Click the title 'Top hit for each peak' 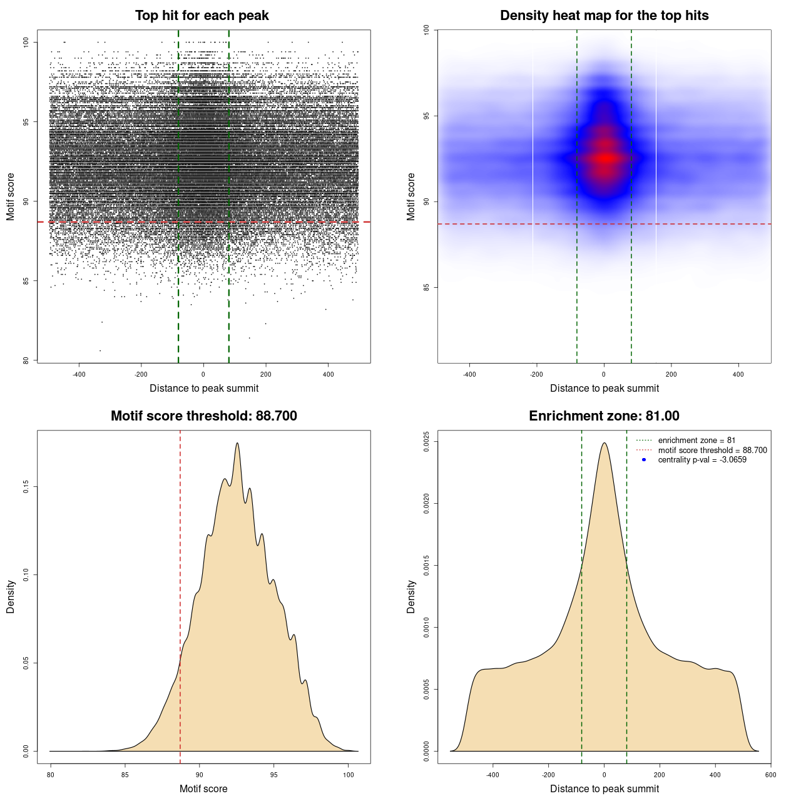click(202, 16)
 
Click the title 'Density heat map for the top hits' click(604, 16)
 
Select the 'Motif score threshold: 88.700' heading click(203, 416)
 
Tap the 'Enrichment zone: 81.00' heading click(604, 416)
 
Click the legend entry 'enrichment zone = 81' click(696, 441)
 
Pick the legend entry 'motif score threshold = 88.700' click(712, 450)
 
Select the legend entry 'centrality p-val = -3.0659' click(702, 460)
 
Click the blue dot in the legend click(644, 460)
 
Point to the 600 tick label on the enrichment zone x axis click(770, 775)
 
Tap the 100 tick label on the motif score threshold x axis click(349, 775)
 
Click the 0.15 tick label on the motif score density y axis click(26, 487)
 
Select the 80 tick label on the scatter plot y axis click(26, 360)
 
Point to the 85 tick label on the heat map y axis click(426, 287)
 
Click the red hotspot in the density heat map click(605, 158)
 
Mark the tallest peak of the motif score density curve click(237, 443)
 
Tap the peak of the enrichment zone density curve click(604, 443)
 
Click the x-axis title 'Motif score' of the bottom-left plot click(203, 788)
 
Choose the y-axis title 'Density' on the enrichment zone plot click(411, 596)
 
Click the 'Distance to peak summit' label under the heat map click(604, 388)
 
